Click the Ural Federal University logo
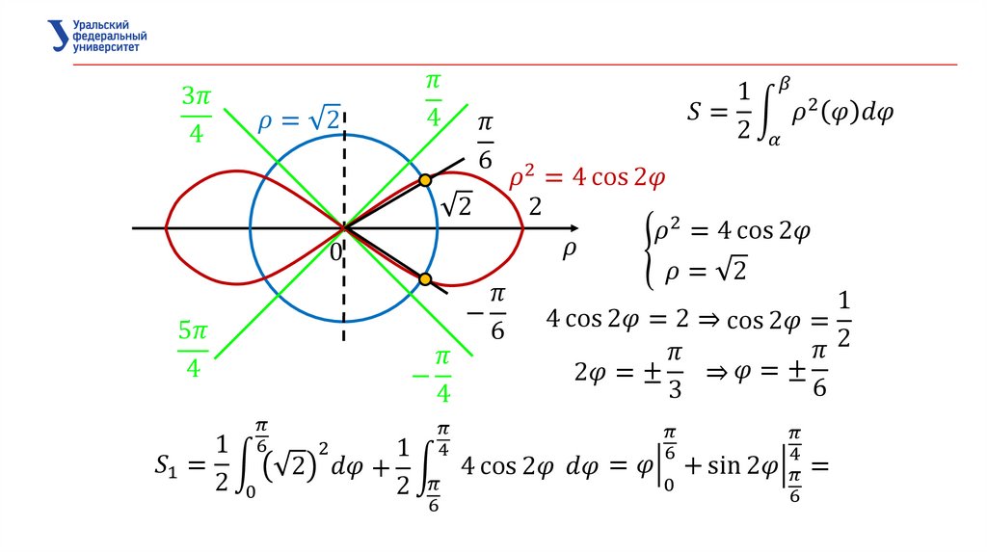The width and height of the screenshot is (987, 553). point(96,34)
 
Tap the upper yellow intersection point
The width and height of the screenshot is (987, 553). point(424,179)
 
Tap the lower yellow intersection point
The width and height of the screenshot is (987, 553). point(424,279)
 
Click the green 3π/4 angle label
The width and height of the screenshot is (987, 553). point(196,114)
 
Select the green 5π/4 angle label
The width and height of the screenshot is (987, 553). point(193,349)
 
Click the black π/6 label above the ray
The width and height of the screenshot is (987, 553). point(485,141)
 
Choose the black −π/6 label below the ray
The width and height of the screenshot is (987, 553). point(490,312)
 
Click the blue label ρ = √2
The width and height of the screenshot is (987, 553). point(298,120)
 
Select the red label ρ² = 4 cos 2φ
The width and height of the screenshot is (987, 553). point(588,180)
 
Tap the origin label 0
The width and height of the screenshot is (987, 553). point(334,251)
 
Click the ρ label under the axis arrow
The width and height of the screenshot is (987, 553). point(568,250)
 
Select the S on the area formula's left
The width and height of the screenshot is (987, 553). point(695,113)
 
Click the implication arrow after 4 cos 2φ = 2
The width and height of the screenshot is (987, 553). point(709,319)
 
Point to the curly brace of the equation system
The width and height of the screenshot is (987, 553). point(646,250)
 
